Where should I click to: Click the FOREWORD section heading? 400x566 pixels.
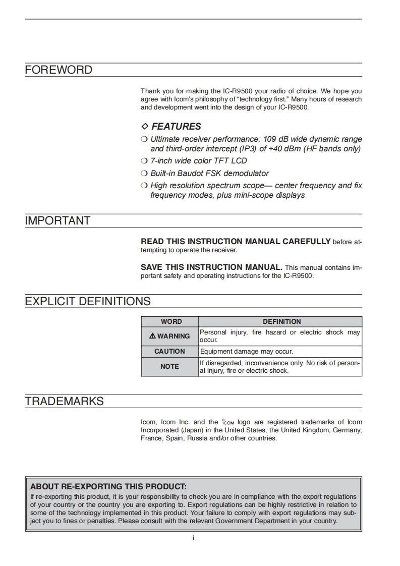59,70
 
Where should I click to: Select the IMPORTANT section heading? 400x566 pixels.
58,221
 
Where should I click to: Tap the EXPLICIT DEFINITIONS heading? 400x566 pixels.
88,302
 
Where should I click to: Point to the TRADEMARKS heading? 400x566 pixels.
64,402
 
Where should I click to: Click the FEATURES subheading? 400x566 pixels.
176,127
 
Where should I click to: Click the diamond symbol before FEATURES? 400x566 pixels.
145,127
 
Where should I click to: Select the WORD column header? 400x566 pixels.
171,321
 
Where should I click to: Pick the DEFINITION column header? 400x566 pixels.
281,321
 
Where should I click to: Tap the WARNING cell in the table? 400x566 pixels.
170,336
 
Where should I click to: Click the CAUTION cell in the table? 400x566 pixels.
169,351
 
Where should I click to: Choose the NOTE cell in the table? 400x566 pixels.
169,367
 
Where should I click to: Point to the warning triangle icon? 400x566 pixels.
152,336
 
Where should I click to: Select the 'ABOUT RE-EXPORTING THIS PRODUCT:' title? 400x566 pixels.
108,487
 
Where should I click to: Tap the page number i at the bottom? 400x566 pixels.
193,538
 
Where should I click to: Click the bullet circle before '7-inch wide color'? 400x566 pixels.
144,161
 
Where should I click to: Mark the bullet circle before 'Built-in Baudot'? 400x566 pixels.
144,173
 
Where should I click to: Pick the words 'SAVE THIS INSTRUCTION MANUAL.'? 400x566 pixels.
211,267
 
